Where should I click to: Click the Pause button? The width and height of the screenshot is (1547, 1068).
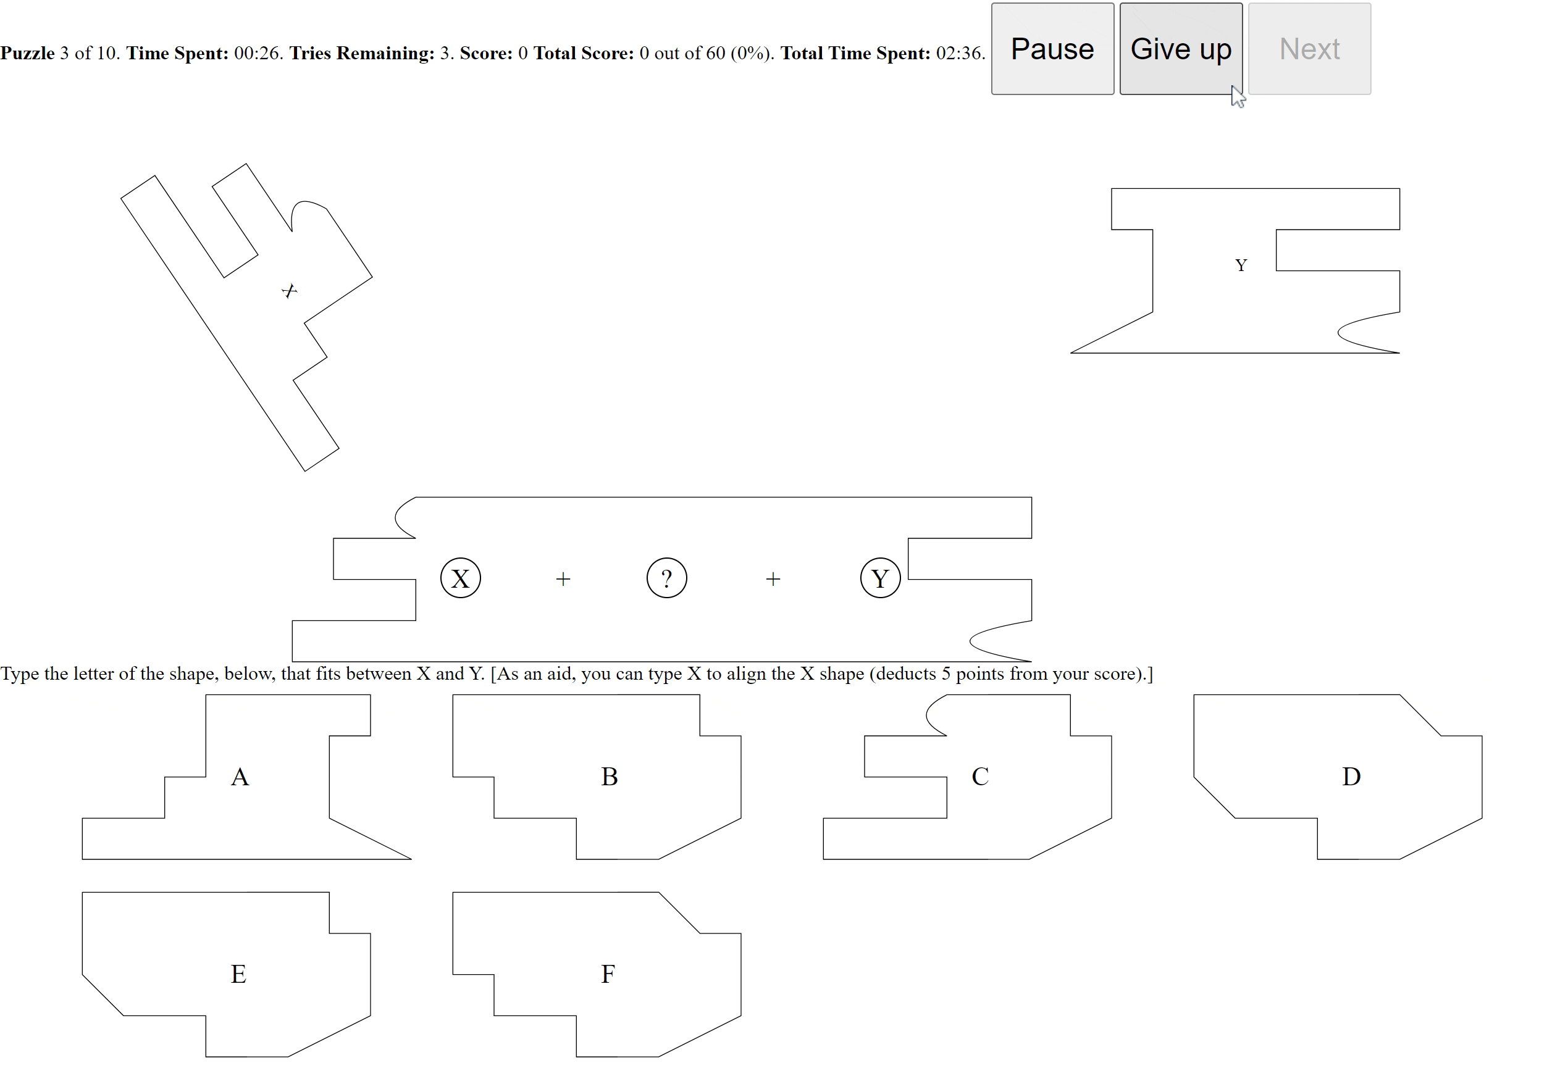pyautogui.click(x=1052, y=49)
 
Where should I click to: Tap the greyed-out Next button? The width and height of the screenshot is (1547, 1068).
pyautogui.click(x=1309, y=49)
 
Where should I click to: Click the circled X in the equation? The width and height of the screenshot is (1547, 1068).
pyautogui.click(x=461, y=578)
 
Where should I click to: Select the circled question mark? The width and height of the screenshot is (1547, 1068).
pyautogui.click(x=667, y=578)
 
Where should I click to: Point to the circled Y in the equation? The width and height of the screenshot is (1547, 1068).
pyautogui.click(x=880, y=578)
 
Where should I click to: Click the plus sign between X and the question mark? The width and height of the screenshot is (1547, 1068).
pyautogui.click(x=563, y=580)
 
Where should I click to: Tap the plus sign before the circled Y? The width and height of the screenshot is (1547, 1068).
pyautogui.click(x=773, y=580)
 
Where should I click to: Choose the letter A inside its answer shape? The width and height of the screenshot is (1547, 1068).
pyautogui.click(x=240, y=777)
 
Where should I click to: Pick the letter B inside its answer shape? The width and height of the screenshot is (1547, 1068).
pyautogui.click(x=609, y=777)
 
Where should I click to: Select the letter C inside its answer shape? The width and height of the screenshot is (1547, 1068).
pyautogui.click(x=980, y=777)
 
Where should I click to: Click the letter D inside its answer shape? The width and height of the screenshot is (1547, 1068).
pyautogui.click(x=1351, y=777)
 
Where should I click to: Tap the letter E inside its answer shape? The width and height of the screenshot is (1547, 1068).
pyautogui.click(x=238, y=974)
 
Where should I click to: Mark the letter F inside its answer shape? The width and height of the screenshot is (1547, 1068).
pyautogui.click(x=608, y=974)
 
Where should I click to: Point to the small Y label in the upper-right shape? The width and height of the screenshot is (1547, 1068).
pyautogui.click(x=1241, y=265)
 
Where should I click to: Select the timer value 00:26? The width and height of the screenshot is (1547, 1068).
pyautogui.click(x=258, y=54)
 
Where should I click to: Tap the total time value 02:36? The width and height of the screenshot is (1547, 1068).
pyautogui.click(x=960, y=54)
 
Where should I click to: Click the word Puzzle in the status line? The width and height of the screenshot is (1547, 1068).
pyautogui.click(x=27, y=54)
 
